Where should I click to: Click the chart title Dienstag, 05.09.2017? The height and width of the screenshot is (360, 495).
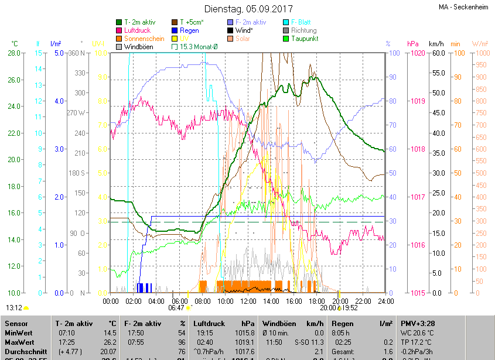pyautogui.click(x=248, y=9)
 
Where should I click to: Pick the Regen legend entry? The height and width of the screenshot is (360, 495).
pyautogui.click(x=189, y=30)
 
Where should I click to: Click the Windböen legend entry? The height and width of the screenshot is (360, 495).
pyautogui.click(x=140, y=47)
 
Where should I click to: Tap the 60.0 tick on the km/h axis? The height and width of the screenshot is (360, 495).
pyautogui.click(x=436, y=53)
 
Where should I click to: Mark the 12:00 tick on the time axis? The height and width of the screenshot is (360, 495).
pyautogui.click(x=248, y=301)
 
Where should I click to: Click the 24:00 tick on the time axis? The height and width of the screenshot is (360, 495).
pyautogui.click(x=385, y=301)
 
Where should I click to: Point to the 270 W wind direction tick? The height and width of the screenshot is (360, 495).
pyautogui.click(x=76, y=113)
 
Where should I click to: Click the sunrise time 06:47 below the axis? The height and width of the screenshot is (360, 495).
pyautogui.click(x=176, y=307)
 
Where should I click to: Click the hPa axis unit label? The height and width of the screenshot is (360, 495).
pyautogui.click(x=413, y=44)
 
